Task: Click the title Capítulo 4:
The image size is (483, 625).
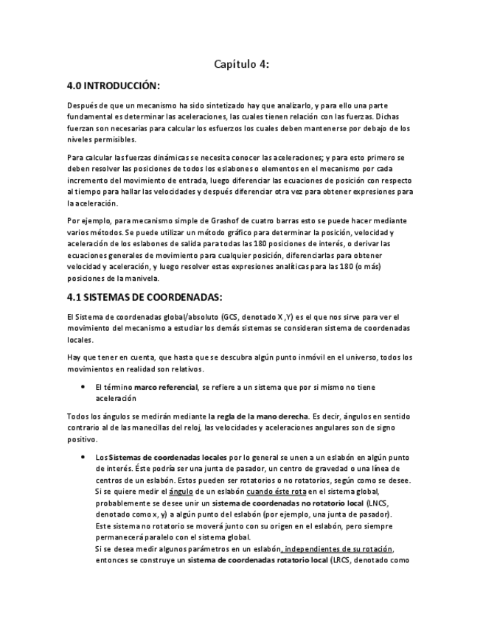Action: point(241,64)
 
